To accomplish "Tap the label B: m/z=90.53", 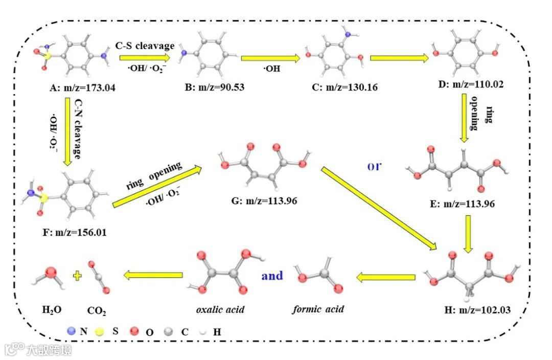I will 211,87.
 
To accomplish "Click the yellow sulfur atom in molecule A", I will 46,55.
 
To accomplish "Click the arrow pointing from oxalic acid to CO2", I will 153,276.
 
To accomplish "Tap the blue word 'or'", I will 376,167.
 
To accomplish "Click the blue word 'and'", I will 272,276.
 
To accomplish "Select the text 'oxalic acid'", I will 221,310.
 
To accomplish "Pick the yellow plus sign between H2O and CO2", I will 77,276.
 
